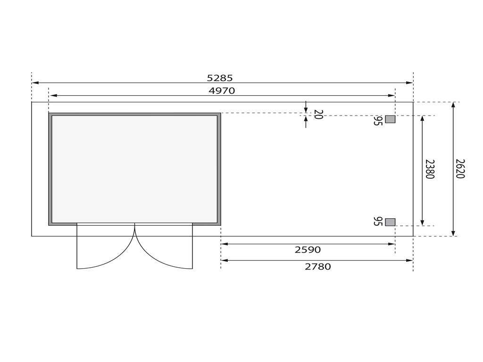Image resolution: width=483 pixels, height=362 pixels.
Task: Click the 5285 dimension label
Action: pos(220,78)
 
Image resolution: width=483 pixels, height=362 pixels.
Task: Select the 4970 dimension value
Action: pos(222,91)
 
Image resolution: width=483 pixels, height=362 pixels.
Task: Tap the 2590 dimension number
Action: pos(308,250)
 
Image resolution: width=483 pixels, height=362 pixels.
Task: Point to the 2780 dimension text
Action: pos(318,267)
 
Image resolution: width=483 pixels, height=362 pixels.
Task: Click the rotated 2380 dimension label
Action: pos(430,169)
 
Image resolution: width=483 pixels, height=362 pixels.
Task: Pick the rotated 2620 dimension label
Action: pos(459,169)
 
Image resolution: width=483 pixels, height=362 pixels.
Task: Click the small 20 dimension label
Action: pos(318,115)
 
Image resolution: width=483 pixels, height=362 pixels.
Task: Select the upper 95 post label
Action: pos(378,121)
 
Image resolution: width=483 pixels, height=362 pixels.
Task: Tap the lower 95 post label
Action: pos(378,222)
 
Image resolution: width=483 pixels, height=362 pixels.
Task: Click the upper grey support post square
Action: pos(390,119)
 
